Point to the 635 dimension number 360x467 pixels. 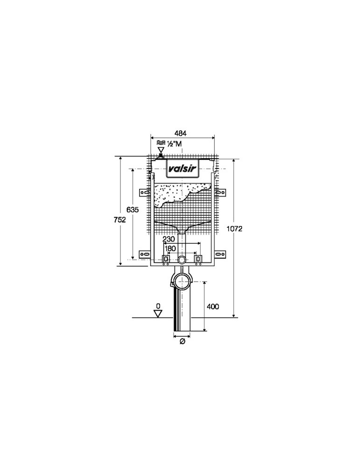click(133, 210)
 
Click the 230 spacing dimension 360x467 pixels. click(169, 239)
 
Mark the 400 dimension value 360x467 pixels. click(213, 306)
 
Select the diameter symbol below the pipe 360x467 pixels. click(182, 341)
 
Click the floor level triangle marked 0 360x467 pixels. click(158, 313)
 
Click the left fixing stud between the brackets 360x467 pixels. click(166, 259)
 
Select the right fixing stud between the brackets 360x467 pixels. click(199, 259)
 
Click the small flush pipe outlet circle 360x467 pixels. click(182, 260)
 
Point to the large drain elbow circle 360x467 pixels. click(182, 281)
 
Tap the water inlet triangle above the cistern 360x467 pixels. click(161, 150)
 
